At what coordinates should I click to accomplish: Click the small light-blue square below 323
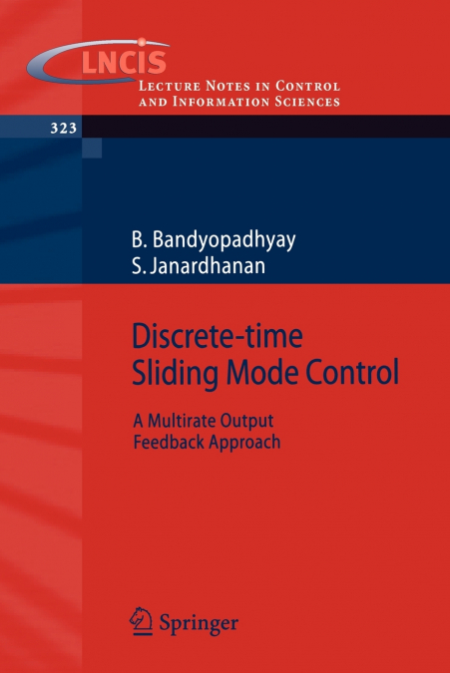92,148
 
